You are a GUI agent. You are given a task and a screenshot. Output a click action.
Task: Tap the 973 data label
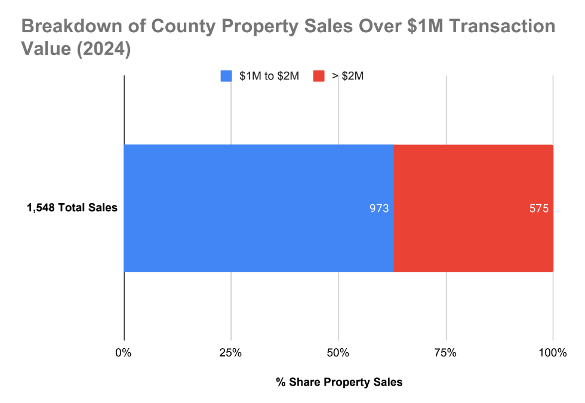[379, 209]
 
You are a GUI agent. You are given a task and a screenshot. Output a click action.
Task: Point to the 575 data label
[538, 209]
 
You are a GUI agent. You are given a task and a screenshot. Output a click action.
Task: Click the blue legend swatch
[226, 76]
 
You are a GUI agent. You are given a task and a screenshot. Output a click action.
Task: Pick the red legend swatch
[319, 76]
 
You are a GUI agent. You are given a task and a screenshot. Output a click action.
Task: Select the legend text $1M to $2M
[269, 76]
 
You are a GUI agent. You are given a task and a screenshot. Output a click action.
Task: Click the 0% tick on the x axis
[124, 353]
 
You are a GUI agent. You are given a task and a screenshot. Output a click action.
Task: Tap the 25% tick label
[230, 353]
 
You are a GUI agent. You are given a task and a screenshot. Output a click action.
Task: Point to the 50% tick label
[338, 353]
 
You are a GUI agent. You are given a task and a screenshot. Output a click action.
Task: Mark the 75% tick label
[445, 353]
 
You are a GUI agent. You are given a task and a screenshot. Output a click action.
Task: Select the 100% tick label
[552, 353]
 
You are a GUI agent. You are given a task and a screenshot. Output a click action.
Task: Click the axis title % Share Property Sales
[339, 382]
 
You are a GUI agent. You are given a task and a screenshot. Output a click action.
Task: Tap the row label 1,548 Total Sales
[72, 208]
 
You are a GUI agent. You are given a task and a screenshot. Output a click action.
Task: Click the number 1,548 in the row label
[41, 208]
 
